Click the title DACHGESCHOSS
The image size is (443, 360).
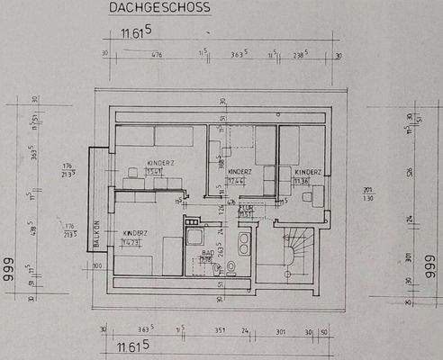pos(158,8)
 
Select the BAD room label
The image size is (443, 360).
pos(207,253)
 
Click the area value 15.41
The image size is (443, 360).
pos(154,171)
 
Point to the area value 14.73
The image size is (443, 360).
pos(133,242)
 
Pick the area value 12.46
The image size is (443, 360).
pos(237,180)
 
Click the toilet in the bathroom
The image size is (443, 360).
pos(231,267)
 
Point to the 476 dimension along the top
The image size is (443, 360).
pos(156,55)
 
